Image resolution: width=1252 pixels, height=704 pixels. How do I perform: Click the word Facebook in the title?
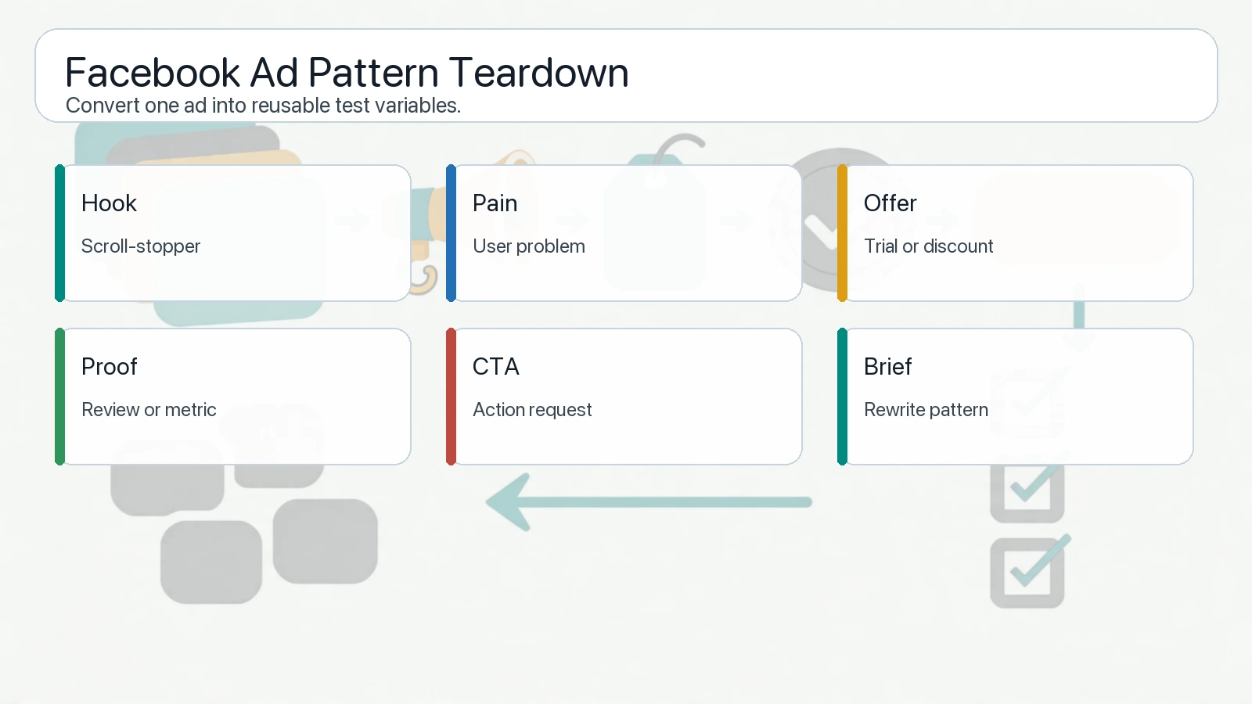point(153,73)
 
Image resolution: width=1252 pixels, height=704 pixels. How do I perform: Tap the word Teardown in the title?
point(539,73)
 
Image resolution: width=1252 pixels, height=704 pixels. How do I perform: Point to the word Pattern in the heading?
point(373,73)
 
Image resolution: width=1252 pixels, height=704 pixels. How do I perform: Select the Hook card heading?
point(109,203)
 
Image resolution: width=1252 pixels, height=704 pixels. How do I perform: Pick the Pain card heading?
point(495,203)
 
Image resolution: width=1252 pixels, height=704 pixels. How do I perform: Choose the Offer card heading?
point(890,203)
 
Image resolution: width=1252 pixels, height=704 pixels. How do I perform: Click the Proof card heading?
point(110,367)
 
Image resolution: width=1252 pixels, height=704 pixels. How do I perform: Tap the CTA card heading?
point(496,367)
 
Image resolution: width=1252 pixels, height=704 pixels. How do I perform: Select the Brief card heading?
point(888,367)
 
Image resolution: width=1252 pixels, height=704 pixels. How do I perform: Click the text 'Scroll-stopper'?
point(141,246)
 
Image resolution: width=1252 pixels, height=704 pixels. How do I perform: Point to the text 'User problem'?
point(529,246)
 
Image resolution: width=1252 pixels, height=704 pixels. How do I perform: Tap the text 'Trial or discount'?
point(929,246)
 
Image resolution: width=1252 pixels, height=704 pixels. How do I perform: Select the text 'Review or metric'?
point(149,410)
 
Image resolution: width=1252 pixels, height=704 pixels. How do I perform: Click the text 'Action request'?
point(533,410)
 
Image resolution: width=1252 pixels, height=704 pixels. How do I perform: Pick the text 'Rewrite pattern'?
point(926,410)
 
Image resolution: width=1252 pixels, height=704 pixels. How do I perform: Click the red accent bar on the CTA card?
point(451,397)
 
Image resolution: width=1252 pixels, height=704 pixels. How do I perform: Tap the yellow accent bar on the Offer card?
point(842,233)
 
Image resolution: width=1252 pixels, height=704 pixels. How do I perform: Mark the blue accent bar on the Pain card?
point(451,233)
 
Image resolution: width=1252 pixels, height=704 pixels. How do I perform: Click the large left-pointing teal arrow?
point(649,502)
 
